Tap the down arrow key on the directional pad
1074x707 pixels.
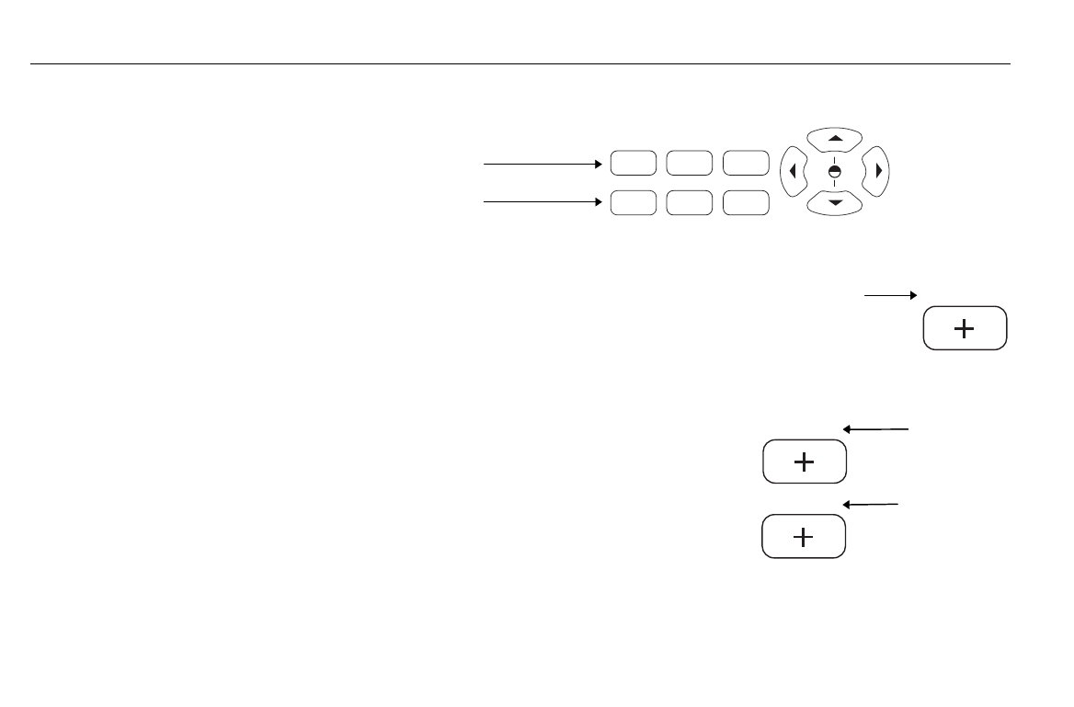835,202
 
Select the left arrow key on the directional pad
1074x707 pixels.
793,171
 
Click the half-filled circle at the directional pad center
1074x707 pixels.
835,171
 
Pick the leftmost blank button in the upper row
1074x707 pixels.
633,164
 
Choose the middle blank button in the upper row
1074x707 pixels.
689,164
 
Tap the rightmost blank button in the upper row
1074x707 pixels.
746,164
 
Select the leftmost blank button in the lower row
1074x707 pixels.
633,202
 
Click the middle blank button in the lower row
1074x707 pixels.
689,202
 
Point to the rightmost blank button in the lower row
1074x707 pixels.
746,202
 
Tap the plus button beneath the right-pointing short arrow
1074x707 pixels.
965,328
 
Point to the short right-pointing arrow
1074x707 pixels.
891,295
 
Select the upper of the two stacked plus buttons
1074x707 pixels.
804,462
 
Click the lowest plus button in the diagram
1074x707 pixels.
803,536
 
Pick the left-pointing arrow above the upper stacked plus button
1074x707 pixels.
875,428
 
